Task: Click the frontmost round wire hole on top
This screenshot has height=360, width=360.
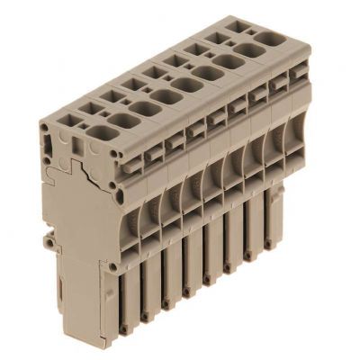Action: pos(97,135)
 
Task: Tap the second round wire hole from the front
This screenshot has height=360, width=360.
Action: pos(120,121)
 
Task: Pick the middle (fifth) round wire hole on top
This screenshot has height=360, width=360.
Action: pos(188,84)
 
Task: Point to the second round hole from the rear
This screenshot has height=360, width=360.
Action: pos(253,50)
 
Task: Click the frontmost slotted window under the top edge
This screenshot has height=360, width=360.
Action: pos(131,161)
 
